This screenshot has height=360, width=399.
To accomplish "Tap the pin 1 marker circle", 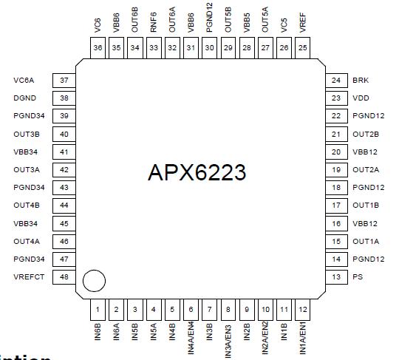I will (94, 281).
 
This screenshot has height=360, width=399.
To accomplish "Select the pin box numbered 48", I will (64, 277).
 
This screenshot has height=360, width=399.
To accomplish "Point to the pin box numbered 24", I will (336, 80).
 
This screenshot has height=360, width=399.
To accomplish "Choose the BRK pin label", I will (360, 80).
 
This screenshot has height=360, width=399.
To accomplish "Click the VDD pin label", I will (360, 98).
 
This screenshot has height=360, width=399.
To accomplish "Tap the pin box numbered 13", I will (336, 277).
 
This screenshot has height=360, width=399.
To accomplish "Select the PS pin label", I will (357, 277).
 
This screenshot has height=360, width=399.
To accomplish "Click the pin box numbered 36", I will (98, 47).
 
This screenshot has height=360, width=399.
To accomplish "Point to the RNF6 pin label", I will (154, 22).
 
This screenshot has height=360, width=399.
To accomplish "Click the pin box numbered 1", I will (98, 308).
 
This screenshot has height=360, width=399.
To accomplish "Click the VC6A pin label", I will (24, 80).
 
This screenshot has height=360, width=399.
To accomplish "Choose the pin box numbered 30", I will (209, 47).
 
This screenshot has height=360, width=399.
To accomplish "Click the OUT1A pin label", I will (366, 242).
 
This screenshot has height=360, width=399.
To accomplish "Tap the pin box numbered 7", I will (209, 308).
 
